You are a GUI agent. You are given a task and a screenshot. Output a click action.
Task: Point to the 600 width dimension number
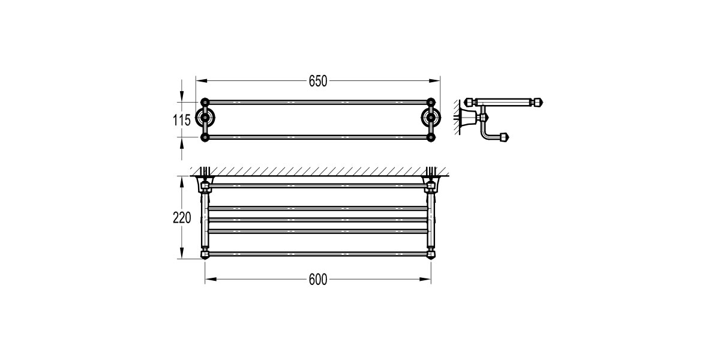click(x=318, y=280)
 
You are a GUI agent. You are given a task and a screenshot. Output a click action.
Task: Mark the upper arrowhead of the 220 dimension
click(x=181, y=179)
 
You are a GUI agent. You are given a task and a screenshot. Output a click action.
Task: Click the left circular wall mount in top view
click(x=206, y=119)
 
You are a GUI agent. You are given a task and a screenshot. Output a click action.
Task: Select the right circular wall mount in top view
click(x=430, y=119)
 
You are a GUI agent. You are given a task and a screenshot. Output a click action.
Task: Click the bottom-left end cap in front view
click(x=205, y=254)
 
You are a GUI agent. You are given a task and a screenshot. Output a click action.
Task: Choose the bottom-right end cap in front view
click(x=430, y=254)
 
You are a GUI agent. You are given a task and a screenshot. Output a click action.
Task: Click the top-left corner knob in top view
click(x=205, y=100)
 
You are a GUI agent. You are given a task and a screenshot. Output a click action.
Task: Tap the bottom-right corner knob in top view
click(x=430, y=137)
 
